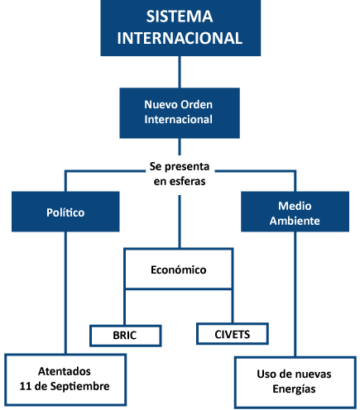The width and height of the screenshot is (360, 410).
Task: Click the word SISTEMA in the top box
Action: pyautogui.click(x=180, y=17)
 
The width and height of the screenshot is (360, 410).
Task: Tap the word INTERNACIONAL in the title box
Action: pyautogui.click(x=180, y=38)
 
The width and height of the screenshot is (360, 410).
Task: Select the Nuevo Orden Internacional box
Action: pyautogui.click(x=180, y=113)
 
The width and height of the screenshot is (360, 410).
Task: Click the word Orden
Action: pyautogui.click(x=196, y=105)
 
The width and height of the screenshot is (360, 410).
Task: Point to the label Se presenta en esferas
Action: pyautogui.click(x=180, y=174)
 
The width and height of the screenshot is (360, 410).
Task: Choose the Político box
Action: pyautogui.click(x=65, y=212)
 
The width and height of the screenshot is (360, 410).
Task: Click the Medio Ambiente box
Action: pyautogui.click(x=295, y=212)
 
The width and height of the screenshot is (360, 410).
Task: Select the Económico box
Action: pyautogui.click(x=179, y=269)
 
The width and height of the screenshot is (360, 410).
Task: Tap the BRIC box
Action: pyautogui.click(x=126, y=336)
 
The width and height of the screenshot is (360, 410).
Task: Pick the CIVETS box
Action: pyautogui.click(x=233, y=334)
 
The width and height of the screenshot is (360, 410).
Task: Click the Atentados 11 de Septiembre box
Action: pyautogui.click(x=65, y=379)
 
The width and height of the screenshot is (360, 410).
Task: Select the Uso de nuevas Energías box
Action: pyautogui.click(x=295, y=383)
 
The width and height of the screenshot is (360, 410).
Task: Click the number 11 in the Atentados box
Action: pyautogui.click(x=25, y=386)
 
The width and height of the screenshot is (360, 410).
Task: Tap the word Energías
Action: pyautogui.click(x=294, y=389)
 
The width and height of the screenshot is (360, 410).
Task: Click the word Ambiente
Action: pyautogui.click(x=295, y=221)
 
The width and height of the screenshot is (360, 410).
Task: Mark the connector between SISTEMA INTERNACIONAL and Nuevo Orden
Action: pyautogui.click(x=180, y=72)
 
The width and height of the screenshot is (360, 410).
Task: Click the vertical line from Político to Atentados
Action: pyautogui.click(x=65, y=293)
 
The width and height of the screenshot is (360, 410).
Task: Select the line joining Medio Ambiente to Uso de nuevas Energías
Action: pyautogui.click(x=295, y=294)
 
